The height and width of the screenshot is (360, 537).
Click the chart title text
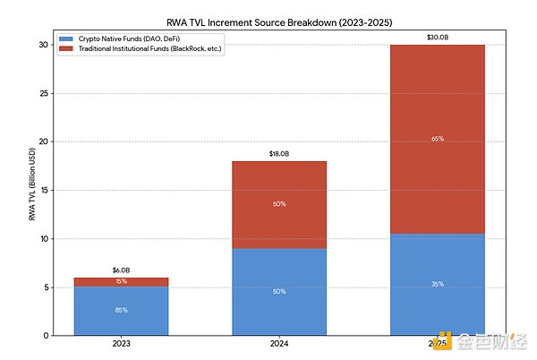coord(280,20)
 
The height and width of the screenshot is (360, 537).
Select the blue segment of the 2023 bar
coord(121,311)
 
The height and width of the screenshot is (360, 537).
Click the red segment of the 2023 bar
coord(121,282)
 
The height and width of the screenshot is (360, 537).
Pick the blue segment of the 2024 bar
coord(279,292)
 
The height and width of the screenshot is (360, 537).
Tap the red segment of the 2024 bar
coord(279,204)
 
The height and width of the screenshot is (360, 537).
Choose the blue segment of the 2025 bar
coord(439,285)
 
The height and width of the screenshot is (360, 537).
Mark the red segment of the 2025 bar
coord(439,139)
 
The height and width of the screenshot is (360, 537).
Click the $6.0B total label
coord(121,270)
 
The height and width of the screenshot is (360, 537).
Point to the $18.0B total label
coord(279,154)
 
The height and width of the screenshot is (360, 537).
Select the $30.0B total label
coord(439,38)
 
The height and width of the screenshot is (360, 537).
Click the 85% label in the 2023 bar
coord(121,311)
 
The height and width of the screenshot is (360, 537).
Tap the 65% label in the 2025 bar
coord(439,139)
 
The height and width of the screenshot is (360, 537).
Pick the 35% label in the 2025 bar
coord(439,285)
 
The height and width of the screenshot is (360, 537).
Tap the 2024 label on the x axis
coord(279,344)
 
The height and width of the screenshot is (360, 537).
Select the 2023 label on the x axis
coord(121,344)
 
